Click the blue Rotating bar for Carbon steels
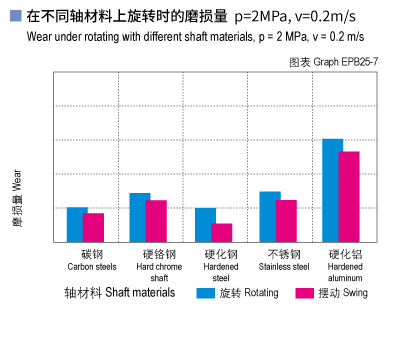pyautogui.click(x=77, y=224)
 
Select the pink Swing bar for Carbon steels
pyautogui.click(x=93, y=227)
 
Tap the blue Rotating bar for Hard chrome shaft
pyautogui.click(x=140, y=217)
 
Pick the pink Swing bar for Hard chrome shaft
pyautogui.click(x=156, y=221)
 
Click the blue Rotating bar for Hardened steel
pyautogui.click(x=205, y=225)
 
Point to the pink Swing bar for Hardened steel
pyautogui.click(x=221, y=232)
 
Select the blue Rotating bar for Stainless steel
pyautogui.click(x=270, y=216)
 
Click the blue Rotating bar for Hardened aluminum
pyautogui.click(x=333, y=190)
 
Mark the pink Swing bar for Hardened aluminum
pyautogui.click(x=349, y=196)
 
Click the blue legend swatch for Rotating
pyautogui.click(x=205, y=293)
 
